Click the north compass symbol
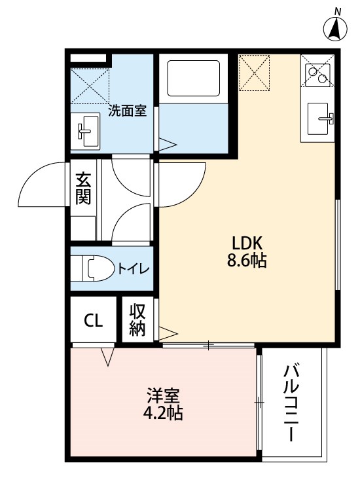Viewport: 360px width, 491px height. coord(335,27)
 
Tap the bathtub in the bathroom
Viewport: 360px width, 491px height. coord(194,78)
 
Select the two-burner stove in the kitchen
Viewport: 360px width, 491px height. coord(317,75)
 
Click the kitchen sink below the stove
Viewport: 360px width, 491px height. coord(319,118)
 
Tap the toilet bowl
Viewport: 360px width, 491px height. coord(93,268)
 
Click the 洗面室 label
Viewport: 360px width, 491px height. coord(128,111)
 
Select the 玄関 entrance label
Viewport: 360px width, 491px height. coord(83,188)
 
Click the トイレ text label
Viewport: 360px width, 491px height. coord(133,269)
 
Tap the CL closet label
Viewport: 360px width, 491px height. coord(94,320)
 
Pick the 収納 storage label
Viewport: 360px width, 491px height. coord(137,319)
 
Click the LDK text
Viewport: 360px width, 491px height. coord(247,244)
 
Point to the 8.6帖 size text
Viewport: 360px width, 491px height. coord(247,260)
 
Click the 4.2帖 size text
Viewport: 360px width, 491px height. coord(163,412)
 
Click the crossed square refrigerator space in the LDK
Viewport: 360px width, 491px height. coord(254,73)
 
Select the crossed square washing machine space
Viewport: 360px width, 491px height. coord(90,86)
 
